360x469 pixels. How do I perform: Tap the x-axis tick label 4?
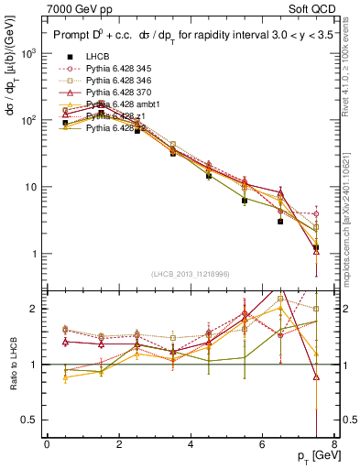(190, 444)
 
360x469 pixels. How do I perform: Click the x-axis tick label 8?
(333, 444)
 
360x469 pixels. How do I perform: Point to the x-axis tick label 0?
(47, 444)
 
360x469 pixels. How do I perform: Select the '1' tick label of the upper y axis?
(35, 254)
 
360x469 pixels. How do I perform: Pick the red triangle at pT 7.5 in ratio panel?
(316, 376)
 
